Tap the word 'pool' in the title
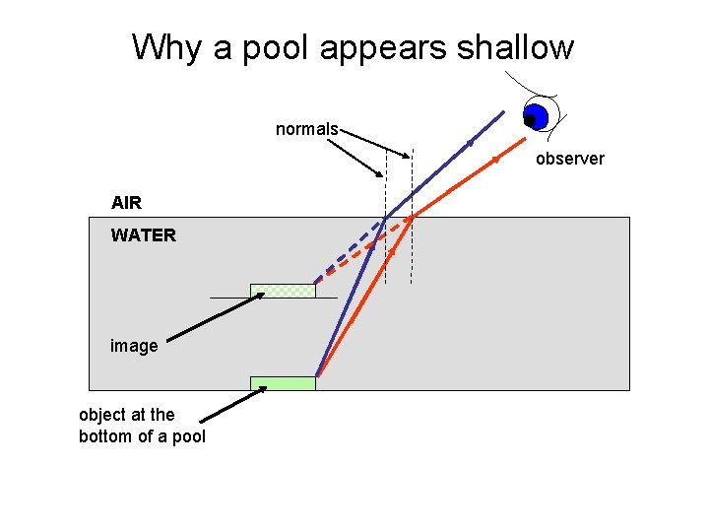(x=287, y=47)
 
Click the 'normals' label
(x=306, y=129)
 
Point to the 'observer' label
(x=569, y=158)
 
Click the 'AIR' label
(x=126, y=203)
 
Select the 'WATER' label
(x=143, y=235)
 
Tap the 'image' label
(x=133, y=346)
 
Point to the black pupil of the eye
(x=530, y=120)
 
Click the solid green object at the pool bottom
(x=283, y=383)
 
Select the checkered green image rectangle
(x=283, y=291)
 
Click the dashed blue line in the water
(x=349, y=251)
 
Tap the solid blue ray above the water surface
(x=433, y=174)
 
